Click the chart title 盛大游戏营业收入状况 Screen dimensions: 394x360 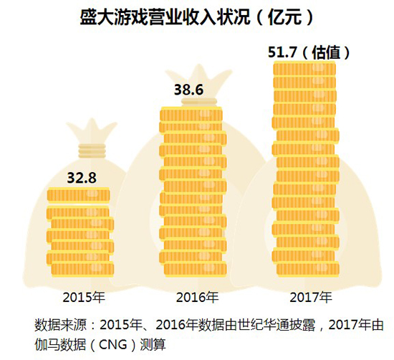pos(165,18)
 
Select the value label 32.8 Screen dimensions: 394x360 pos(82,178)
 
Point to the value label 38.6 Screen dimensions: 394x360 pos(188,90)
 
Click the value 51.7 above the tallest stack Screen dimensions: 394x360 pos(283,52)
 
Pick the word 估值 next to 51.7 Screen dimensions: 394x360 pos(326,53)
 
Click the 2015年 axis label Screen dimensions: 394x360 pos(84,298)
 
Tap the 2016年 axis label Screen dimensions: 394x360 pos(197,298)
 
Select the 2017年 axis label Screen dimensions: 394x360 pos(311,298)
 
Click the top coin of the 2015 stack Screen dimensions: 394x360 pos(79,195)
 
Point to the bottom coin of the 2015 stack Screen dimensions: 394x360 pos(82,269)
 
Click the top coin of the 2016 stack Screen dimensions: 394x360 pos(191,115)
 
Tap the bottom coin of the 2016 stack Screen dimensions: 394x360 pos(196,269)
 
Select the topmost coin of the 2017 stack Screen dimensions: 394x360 pos(304,69)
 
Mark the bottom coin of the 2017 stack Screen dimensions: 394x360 pos(308,269)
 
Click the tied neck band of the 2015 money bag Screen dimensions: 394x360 pos(92,151)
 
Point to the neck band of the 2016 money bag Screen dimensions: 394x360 pos(199,102)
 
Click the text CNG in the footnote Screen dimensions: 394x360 pos(112,344)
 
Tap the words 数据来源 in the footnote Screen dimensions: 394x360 pos(60,325)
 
